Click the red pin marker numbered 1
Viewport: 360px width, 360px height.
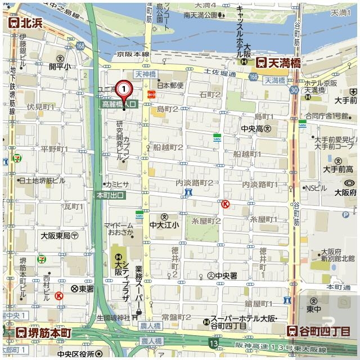124,89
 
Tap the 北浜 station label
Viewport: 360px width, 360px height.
26,23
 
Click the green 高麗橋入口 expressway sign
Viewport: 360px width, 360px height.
119,104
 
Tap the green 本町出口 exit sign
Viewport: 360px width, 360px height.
110,195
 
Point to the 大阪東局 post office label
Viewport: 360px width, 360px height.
59,236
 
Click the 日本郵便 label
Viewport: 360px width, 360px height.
170,85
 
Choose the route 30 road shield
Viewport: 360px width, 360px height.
294,90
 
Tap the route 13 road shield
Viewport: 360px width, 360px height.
213,343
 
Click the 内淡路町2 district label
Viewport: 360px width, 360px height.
194,183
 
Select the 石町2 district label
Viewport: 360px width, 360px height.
210,94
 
